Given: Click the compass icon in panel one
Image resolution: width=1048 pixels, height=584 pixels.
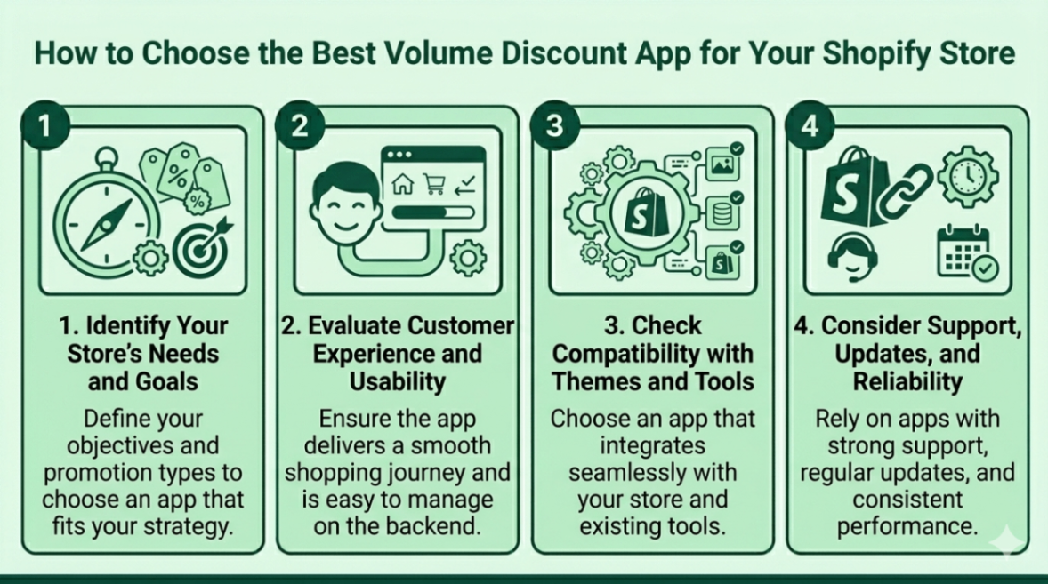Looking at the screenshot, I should (105, 219).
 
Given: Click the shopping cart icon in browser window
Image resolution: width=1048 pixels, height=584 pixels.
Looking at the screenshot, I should (433, 184).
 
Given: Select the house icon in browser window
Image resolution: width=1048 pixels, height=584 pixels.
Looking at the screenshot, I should (403, 184).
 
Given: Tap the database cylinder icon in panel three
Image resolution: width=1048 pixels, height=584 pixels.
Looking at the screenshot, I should (722, 214).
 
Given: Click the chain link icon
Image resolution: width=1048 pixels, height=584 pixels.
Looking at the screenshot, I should (904, 192).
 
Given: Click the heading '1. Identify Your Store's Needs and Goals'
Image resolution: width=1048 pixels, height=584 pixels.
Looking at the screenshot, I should (142, 353).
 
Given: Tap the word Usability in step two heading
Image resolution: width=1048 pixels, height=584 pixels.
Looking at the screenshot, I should (397, 381).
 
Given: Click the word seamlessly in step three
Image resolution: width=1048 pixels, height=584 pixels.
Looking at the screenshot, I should (652, 471).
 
